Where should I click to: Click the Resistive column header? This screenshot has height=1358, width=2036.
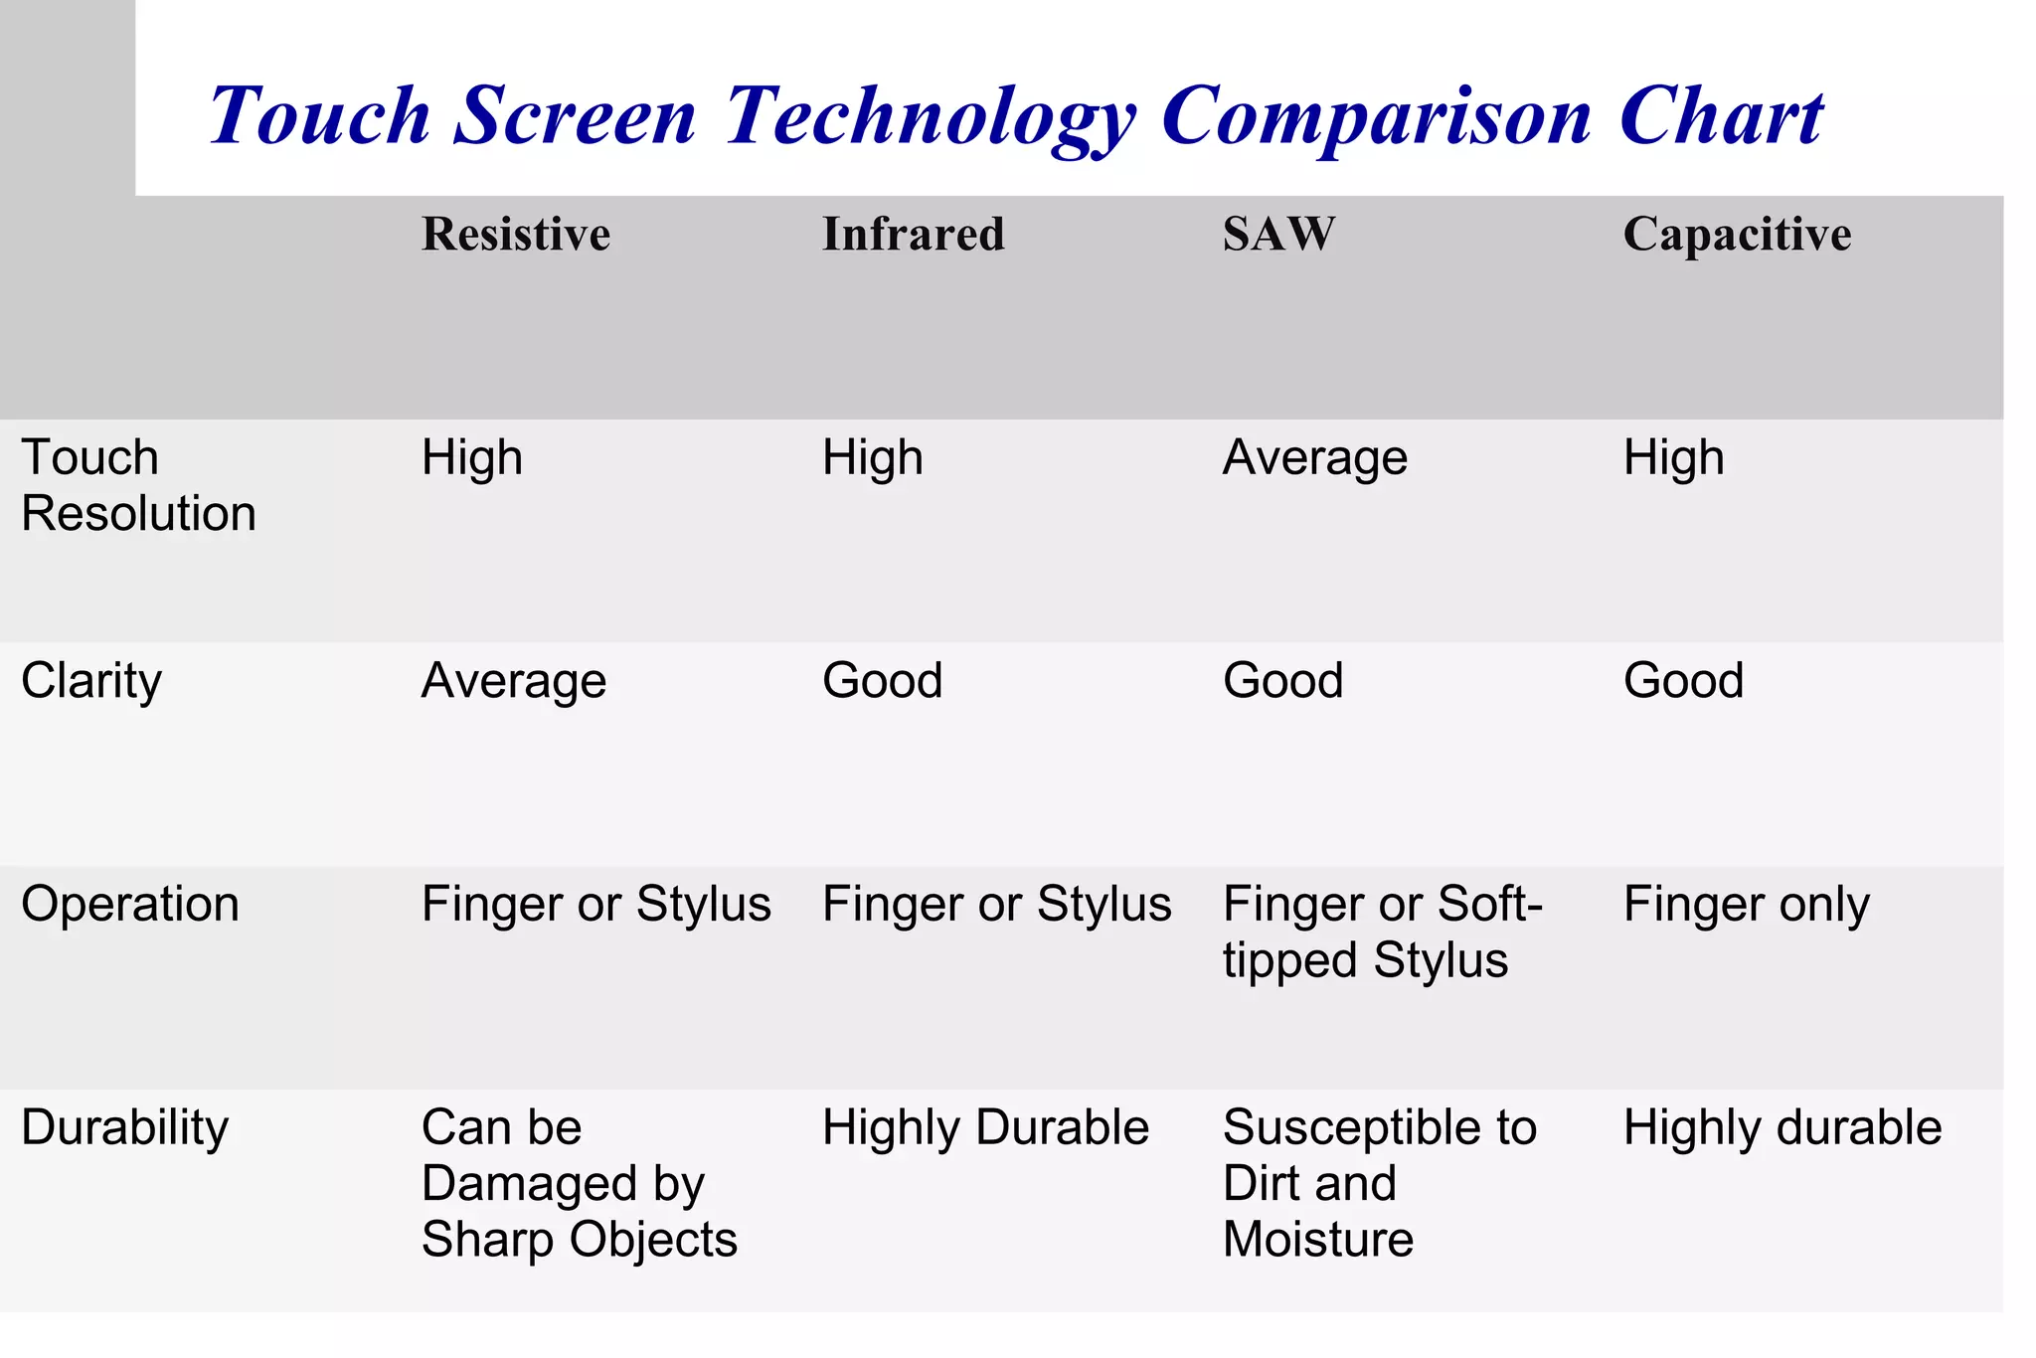516,235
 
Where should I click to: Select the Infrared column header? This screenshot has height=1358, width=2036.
914,235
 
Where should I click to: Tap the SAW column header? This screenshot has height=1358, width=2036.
1278,235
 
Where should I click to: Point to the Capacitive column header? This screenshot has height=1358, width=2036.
1737,235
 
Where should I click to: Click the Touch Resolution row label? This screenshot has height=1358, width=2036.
138,485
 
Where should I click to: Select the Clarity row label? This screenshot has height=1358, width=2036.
91,682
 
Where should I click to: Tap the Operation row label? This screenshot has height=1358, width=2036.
130,905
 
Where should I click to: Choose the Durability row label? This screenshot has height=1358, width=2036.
125,1128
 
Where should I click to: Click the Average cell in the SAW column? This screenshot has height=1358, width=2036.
1315,459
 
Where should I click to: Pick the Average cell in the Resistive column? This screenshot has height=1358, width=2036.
514,682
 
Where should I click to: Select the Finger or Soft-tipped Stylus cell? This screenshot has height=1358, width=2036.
1382,933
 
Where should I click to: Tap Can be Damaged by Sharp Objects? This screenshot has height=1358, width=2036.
579,1183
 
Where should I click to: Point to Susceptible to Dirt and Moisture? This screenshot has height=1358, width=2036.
1379,1183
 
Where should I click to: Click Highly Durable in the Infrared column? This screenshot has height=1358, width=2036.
985,1128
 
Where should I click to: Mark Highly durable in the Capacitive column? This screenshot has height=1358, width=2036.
1782,1128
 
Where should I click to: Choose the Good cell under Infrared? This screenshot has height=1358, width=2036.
883,682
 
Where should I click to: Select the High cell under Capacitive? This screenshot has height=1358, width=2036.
1674,459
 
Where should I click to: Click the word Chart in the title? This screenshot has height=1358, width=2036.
1721,116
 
